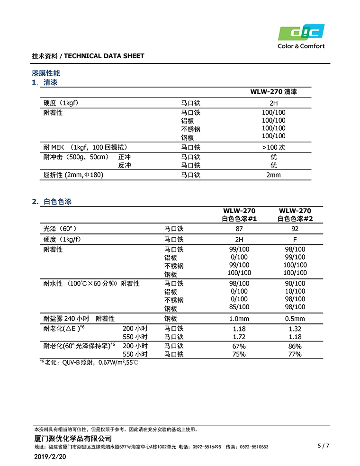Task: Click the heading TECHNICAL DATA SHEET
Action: pyautogui.click(x=104, y=56)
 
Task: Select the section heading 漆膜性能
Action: pyautogui.click(x=45, y=73)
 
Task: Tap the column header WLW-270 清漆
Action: pyautogui.click(x=273, y=92)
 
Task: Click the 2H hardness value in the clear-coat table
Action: pyautogui.click(x=273, y=103)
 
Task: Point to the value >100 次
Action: pyautogui.click(x=273, y=147)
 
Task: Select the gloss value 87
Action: pyautogui.click(x=239, y=228)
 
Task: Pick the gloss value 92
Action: pyautogui.click(x=295, y=228)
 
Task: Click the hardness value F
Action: pyautogui.click(x=295, y=240)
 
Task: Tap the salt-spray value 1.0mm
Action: pyautogui.click(x=239, y=319)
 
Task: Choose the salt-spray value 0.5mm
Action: pyautogui.click(x=295, y=319)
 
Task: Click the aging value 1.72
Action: pyautogui.click(x=239, y=337)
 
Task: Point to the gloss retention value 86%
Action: pyautogui.click(x=295, y=346)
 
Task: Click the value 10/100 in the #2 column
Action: pyautogui.click(x=295, y=291)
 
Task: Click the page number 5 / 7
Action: pyautogui.click(x=323, y=446)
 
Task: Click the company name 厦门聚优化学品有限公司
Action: pyautogui.click(x=73, y=439)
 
